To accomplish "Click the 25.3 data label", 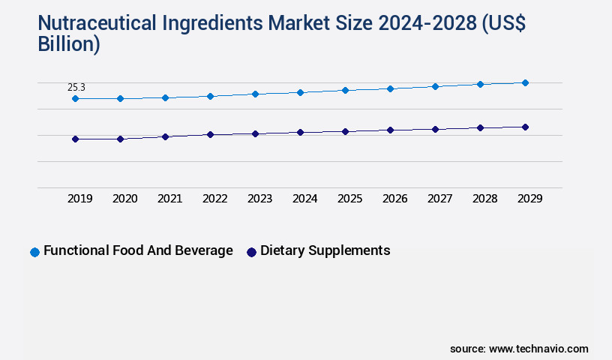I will tap(76, 88).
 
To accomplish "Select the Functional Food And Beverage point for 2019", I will tap(75, 98).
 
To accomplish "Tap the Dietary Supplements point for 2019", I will tap(75, 139).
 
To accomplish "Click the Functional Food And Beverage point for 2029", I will tap(525, 82).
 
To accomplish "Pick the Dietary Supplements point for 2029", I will tap(525, 127).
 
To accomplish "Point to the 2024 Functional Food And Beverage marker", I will tap(300, 92).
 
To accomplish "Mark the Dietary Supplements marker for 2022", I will tap(210, 134).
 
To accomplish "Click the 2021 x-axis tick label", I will tap(169, 199).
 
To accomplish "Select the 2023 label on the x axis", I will tap(259, 199).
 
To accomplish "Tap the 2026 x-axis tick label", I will tap(394, 199).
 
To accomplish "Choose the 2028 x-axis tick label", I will tap(484, 199).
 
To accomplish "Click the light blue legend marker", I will tap(34, 252).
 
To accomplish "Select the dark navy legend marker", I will tap(251, 252).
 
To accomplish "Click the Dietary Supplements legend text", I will tap(325, 250).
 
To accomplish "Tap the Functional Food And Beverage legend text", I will tap(138, 250).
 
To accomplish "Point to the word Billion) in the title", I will tap(68, 44).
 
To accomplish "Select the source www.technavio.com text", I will tap(519, 349).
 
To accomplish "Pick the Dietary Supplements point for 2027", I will tap(435, 129).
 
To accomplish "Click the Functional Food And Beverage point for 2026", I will tap(390, 88).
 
